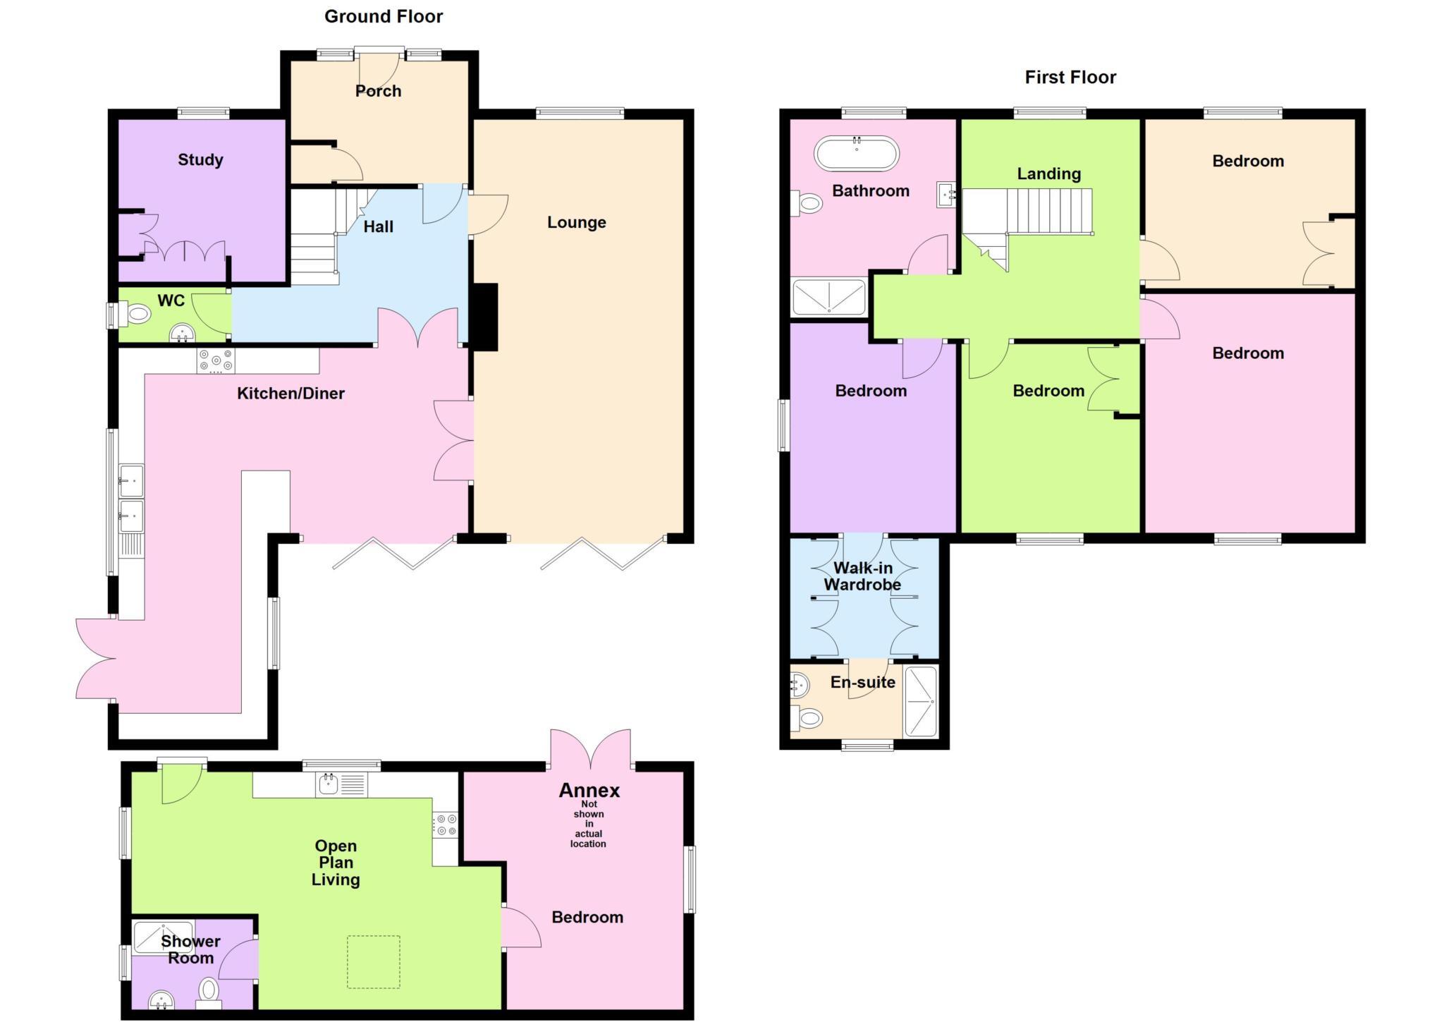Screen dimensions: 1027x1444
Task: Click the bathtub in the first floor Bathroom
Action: (x=856, y=153)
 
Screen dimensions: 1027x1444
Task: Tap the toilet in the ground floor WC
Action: (x=135, y=314)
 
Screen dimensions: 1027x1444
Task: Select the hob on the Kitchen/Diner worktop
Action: (x=216, y=360)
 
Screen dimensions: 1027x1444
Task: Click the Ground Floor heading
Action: (x=384, y=16)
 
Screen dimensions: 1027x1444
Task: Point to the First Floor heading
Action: (x=1070, y=77)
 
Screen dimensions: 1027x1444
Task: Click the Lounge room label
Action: (x=576, y=223)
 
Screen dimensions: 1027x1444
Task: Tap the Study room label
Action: (x=200, y=160)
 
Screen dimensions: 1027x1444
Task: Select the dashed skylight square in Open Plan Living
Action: (x=373, y=961)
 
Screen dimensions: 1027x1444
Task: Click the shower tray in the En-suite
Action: (x=921, y=701)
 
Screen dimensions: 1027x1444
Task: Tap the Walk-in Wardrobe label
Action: (x=862, y=576)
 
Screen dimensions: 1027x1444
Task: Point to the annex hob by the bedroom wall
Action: (x=445, y=825)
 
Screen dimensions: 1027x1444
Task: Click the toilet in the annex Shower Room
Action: (x=209, y=991)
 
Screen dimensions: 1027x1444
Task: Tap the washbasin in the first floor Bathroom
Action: (x=946, y=194)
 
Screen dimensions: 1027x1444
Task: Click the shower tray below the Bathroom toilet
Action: (x=828, y=297)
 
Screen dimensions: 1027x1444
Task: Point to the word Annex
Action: (x=589, y=790)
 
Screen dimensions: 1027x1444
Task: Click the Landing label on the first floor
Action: (x=1048, y=174)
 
